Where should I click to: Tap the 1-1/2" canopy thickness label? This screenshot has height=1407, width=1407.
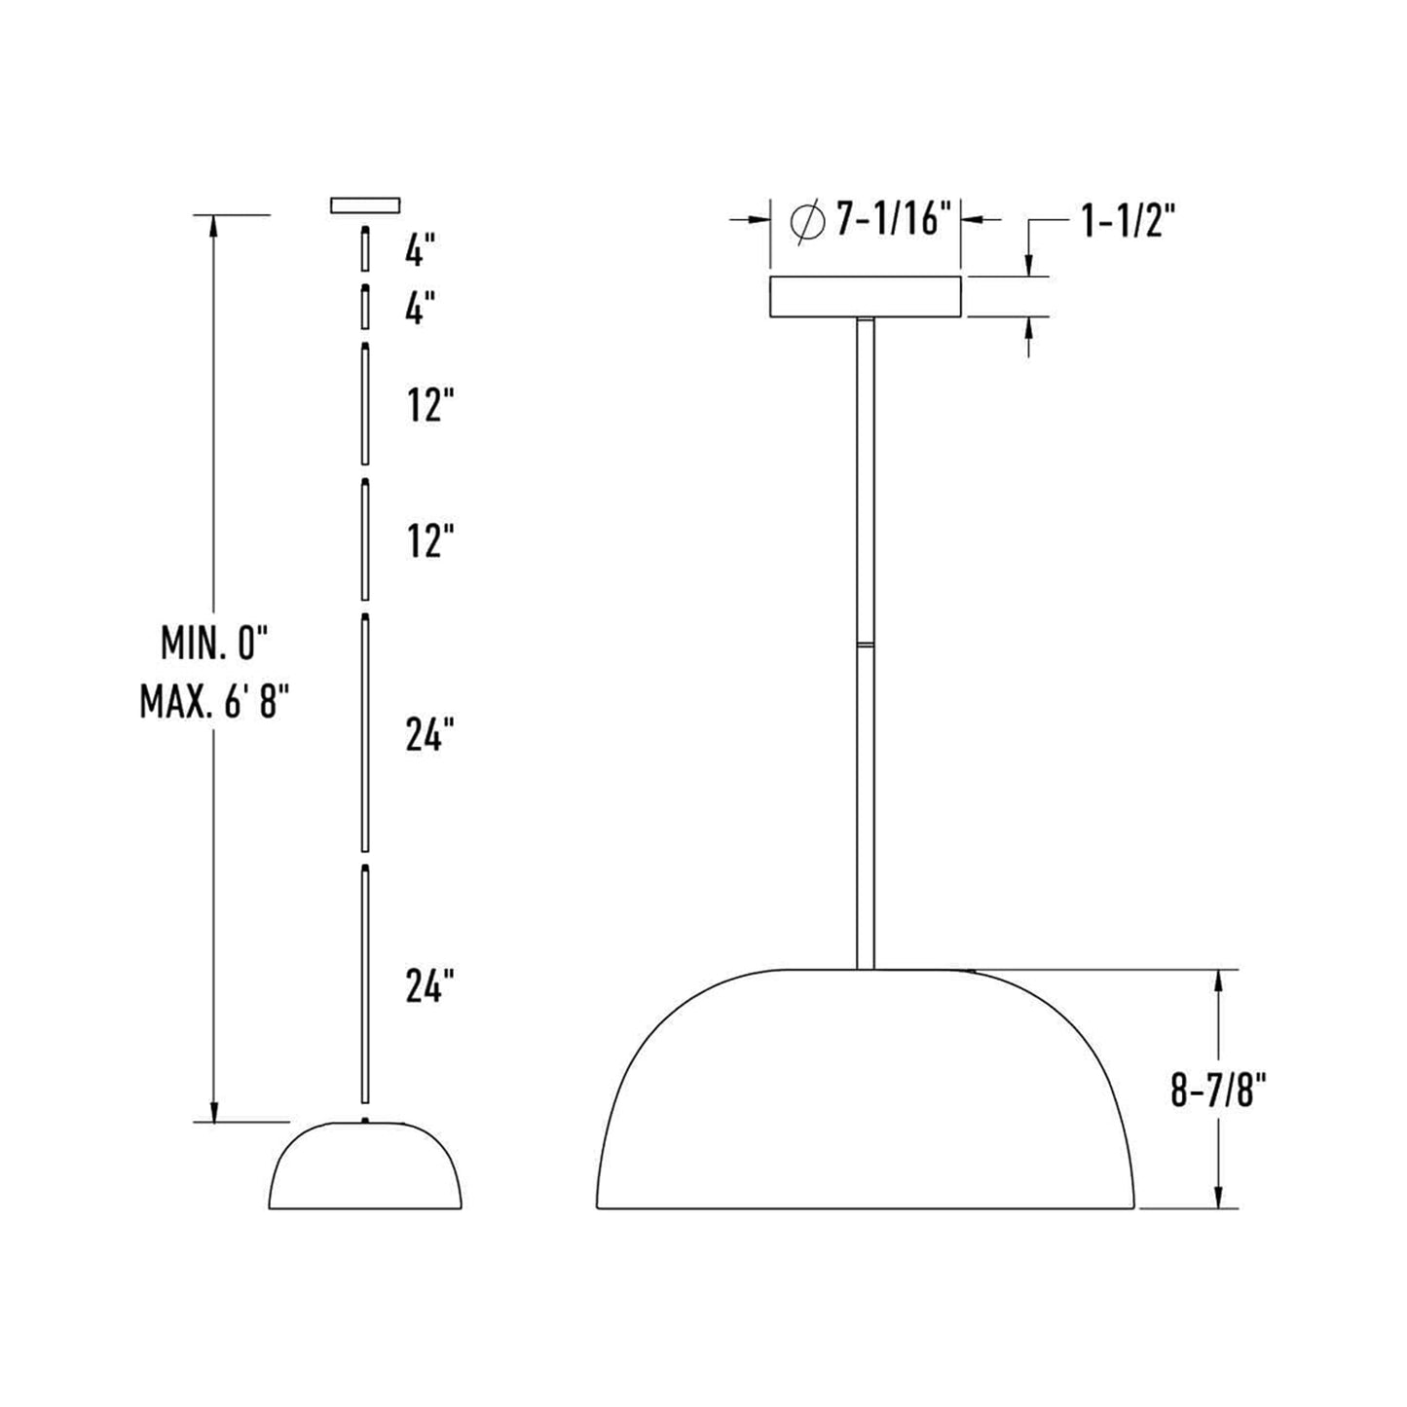(x=1129, y=222)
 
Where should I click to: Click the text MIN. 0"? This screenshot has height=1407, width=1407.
(x=213, y=643)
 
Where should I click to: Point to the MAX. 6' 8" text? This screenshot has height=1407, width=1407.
(x=215, y=701)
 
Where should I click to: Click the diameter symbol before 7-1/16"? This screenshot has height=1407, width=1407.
(x=806, y=221)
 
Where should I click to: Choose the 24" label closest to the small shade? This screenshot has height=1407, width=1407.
(x=429, y=987)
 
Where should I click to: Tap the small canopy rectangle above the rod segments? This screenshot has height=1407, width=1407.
(x=365, y=204)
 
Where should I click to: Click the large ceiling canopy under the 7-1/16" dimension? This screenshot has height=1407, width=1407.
(x=865, y=297)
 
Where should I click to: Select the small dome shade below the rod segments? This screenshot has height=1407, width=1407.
(x=365, y=1168)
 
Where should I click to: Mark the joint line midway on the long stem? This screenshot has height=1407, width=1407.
(x=865, y=644)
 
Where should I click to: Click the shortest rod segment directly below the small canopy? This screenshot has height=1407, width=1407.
(x=365, y=249)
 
